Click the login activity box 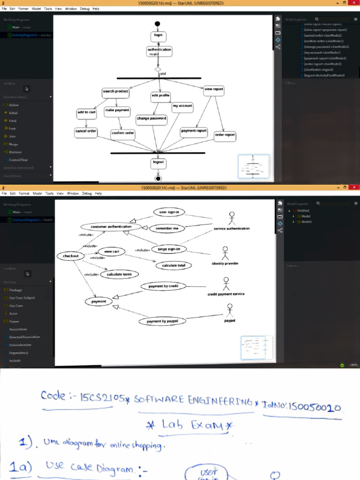tap(158, 36)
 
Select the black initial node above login tap(157, 24)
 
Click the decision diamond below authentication tap(158, 69)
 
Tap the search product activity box tap(115, 92)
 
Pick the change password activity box tap(151, 119)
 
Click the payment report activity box tap(194, 131)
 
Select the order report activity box tap(225, 135)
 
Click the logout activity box tap(158, 162)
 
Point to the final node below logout tap(158, 178)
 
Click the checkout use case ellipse tap(71, 256)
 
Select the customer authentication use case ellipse tap(111, 226)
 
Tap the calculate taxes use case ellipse tap(119, 274)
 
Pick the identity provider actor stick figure tap(225, 253)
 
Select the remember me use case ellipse tap(167, 229)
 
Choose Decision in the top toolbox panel tap(15, 152)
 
